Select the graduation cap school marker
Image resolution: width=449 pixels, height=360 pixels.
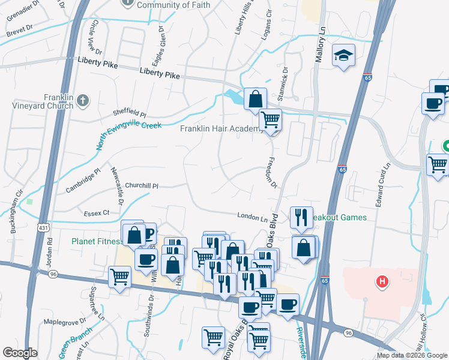click(x=343, y=56)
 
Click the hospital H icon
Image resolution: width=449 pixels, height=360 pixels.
click(x=380, y=281)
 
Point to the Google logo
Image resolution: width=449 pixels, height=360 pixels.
click(x=20, y=353)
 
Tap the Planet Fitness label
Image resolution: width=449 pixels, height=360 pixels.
click(x=95, y=241)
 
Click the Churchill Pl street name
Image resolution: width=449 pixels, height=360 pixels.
click(x=142, y=186)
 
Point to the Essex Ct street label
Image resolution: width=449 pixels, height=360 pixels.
click(x=97, y=212)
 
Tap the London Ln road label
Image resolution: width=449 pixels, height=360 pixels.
click(x=252, y=217)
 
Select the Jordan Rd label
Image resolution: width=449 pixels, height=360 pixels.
click(x=50, y=252)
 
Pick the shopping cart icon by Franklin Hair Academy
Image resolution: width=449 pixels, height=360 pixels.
click(x=270, y=119)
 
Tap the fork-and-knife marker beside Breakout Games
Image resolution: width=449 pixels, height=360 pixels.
click(x=301, y=217)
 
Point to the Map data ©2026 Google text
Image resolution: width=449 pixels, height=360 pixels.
click(x=412, y=355)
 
